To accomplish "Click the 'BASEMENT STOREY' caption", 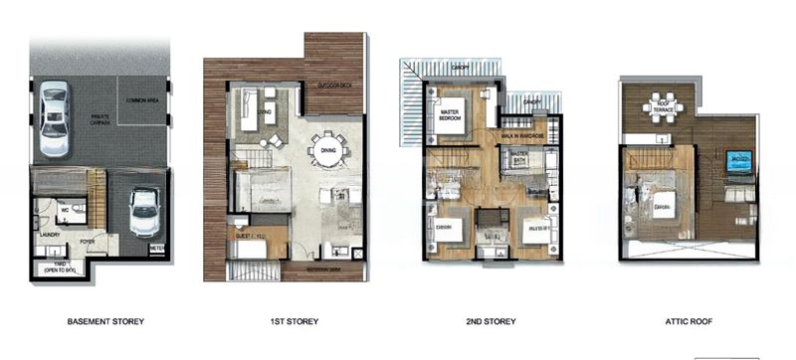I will [105, 321].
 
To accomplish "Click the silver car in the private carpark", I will [54, 120].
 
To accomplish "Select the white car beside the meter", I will [146, 211].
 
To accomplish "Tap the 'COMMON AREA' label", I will [142, 101].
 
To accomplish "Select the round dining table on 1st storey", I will [327, 153].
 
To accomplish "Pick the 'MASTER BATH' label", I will [517, 157].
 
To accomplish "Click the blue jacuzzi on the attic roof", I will [737, 162].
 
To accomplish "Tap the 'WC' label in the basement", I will [61, 209].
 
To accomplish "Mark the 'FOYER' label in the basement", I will [87, 239].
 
